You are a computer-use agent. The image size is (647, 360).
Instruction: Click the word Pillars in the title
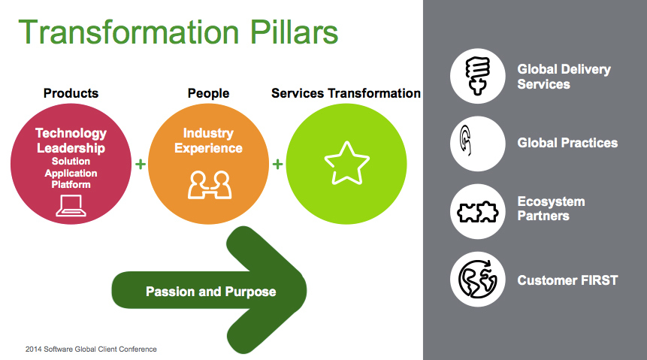(x=294, y=32)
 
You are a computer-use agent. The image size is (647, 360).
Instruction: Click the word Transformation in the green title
(x=128, y=32)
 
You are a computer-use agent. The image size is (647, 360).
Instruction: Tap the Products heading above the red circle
(x=71, y=93)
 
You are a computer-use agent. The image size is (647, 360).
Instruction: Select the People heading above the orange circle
(x=208, y=93)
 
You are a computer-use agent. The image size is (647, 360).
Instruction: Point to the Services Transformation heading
(x=346, y=93)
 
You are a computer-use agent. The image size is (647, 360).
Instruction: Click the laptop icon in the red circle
(x=71, y=206)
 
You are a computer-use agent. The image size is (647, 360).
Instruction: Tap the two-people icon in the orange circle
(x=209, y=185)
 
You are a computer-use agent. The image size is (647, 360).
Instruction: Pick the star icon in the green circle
(x=346, y=163)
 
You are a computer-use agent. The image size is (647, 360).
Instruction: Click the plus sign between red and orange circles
(x=141, y=164)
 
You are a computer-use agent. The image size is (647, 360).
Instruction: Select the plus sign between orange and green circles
(x=278, y=164)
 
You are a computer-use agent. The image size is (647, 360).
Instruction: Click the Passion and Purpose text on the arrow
(x=211, y=292)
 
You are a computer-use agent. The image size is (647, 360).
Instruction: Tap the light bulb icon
(x=477, y=76)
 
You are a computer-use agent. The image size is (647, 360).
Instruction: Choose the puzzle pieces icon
(x=478, y=212)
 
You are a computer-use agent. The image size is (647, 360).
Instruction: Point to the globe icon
(x=477, y=279)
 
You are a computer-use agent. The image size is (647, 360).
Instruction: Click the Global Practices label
(x=567, y=143)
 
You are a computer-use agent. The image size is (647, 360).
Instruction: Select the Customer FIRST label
(x=567, y=280)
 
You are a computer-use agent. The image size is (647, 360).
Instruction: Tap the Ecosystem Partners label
(x=552, y=208)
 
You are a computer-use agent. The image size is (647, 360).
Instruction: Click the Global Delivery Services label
(x=564, y=77)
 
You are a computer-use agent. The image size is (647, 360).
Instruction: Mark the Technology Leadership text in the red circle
(x=71, y=141)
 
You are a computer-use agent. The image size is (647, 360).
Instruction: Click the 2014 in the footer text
(x=33, y=349)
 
